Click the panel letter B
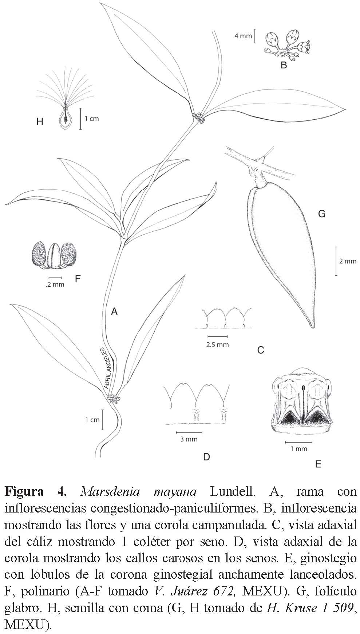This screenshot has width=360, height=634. point(284,65)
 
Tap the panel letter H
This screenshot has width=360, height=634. point(40,121)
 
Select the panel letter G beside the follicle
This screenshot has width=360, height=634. point(321,214)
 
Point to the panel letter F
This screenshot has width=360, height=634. point(77,279)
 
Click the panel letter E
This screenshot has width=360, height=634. point(318,464)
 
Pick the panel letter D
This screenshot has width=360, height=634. point(206,457)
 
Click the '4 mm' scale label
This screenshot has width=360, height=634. point(243,36)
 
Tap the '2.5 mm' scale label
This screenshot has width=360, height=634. point(217,344)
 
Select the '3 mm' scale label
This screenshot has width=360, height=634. point(189,439)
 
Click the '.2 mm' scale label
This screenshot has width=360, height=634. point(55,284)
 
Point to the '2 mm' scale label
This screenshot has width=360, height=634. point(347,261)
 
